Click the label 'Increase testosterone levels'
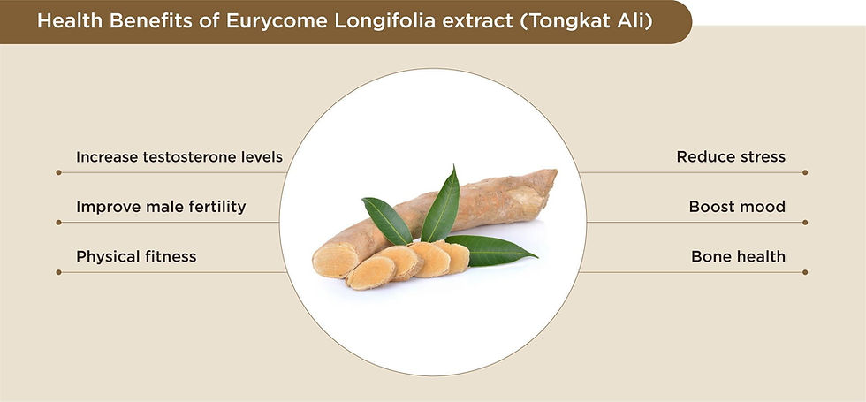pyautogui.click(x=179, y=157)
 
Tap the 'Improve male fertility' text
pyautogui.click(x=161, y=207)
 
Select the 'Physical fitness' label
pyautogui.click(x=136, y=257)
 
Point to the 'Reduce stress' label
pyautogui.click(x=731, y=157)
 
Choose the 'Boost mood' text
pyautogui.click(x=737, y=207)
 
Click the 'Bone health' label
pyautogui.click(x=738, y=257)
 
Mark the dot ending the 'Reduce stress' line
pyautogui.click(x=806, y=172)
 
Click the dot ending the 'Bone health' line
pyautogui.click(x=806, y=272)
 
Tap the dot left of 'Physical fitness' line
pyautogui.click(x=58, y=272)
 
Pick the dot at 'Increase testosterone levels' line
pyautogui.click(x=58, y=172)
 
